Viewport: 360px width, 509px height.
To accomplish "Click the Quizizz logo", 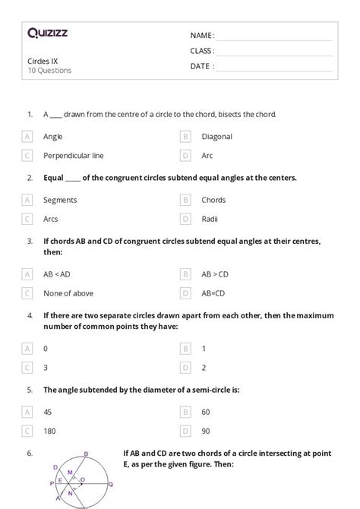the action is point(47,33).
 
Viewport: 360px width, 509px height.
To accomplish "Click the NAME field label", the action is point(202,35).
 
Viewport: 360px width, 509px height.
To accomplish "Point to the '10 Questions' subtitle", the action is point(50,71).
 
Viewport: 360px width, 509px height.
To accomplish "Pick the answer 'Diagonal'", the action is point(216,137).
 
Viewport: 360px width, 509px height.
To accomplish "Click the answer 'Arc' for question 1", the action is point(207,156).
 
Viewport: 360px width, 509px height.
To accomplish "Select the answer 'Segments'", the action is point(60,200).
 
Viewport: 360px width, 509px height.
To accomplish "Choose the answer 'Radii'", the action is point(210,219).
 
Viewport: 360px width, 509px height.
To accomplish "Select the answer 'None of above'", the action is point(68,292).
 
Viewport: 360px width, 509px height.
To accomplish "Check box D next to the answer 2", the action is point(185,366).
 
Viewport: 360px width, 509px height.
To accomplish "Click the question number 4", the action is point(29,315).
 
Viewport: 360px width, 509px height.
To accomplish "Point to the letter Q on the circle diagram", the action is point(110,483).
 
